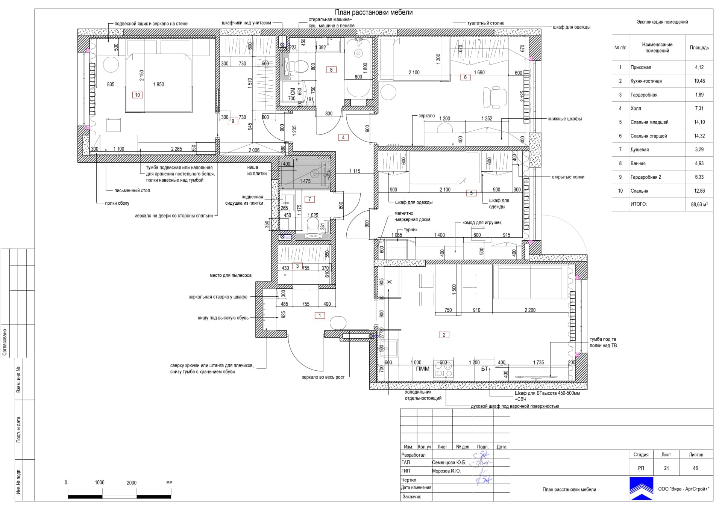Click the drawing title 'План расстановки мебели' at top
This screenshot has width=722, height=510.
point(374,12)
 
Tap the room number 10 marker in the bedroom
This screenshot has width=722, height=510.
point(137,95)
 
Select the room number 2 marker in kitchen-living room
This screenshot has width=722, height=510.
point(444,335)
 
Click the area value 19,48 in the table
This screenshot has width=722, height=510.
point(699,81)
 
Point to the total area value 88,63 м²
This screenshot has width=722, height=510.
point(699,205)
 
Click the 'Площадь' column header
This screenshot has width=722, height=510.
point(699,48)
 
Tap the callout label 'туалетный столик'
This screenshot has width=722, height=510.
point(485,23)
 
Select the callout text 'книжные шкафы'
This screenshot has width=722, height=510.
point(565,119)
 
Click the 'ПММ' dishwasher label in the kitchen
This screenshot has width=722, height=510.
point(423,369)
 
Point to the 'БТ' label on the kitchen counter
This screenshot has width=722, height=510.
point(484,369)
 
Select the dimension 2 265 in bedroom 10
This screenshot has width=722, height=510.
point(176,149)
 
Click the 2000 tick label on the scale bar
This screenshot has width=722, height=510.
point(132,483)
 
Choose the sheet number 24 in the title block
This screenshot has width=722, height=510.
point(666,468)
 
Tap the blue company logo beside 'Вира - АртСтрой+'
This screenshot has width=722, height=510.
point(642,489)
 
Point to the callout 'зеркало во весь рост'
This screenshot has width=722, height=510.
point(323,377)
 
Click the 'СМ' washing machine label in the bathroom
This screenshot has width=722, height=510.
point(293,92)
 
